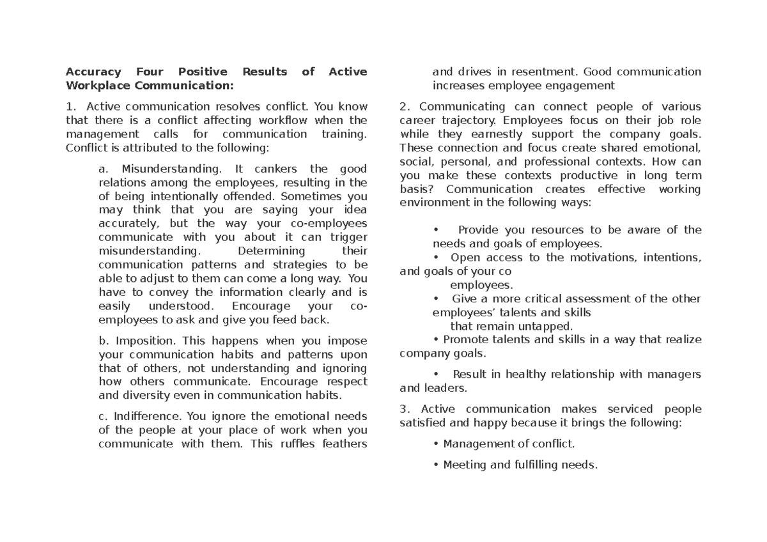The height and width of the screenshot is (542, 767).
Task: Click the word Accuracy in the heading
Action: point(93,72)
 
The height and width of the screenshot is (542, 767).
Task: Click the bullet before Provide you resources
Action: point(435,230)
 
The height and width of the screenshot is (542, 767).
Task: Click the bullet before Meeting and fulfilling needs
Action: point(435,465)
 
